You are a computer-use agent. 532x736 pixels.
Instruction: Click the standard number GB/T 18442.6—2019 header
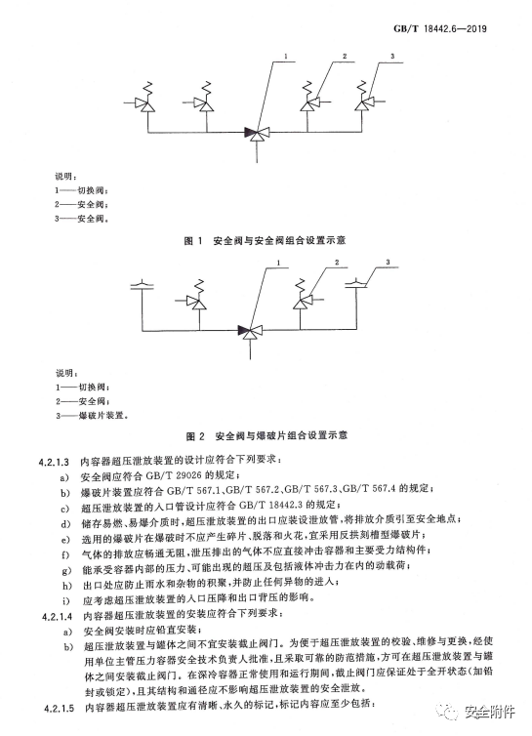click(440, 29)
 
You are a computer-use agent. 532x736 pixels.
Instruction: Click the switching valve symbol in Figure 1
click(257, 134)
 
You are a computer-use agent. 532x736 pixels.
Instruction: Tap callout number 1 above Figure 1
click(285, 57)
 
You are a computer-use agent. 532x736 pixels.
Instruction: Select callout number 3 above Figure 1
click(392, 57)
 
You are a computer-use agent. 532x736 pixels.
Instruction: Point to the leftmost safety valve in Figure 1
click(144, 98)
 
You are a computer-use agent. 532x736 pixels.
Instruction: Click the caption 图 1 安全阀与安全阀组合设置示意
click(265, 240)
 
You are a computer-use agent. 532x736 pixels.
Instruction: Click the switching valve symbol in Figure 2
click(250, 331)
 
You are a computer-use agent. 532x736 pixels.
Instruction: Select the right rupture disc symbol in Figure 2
click(356, 283)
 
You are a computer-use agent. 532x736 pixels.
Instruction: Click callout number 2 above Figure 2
click(337, 263)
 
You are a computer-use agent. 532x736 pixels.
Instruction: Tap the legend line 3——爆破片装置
click(92, 416)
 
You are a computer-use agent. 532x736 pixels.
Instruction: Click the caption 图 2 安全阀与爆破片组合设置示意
click(266, 436)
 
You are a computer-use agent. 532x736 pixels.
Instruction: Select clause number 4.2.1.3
click(54, 462)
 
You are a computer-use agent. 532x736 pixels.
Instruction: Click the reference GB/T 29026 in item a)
click(174, 476)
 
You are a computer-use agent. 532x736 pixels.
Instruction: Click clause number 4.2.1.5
click(60, 708)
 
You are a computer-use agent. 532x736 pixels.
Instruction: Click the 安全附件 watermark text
click(490, 712)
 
